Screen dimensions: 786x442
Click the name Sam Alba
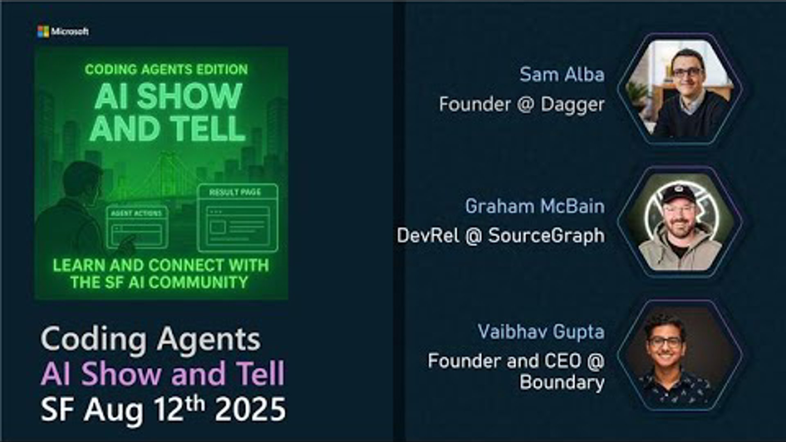pyautogui.click(x=562, y=74)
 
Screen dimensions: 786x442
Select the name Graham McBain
pyautogui.click(x=535, y=206)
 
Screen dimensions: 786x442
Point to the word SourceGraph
pyautogui.click(x=546, y=236)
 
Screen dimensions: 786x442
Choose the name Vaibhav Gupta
pyautogui.click(x=541, y=332)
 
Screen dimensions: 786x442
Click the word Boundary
pyautogui.click(x=562, y=383)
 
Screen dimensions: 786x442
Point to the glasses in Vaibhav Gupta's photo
pyautogui.click(x=665, y=342)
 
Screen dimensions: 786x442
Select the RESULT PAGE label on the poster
pyautogui.click(x=235, y=192)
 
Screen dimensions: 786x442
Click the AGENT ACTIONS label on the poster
pyautogui.click(x=136, y=213)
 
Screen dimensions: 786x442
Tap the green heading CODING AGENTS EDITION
pyautogui.click(x=166, y=70)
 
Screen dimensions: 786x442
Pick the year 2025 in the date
pyautogui.click(x=250, y=409)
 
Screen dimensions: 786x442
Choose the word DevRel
pyautogui.click(x=428, y=236)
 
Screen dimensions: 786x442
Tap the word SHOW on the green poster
pyautogui.click(x=189, y=97)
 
